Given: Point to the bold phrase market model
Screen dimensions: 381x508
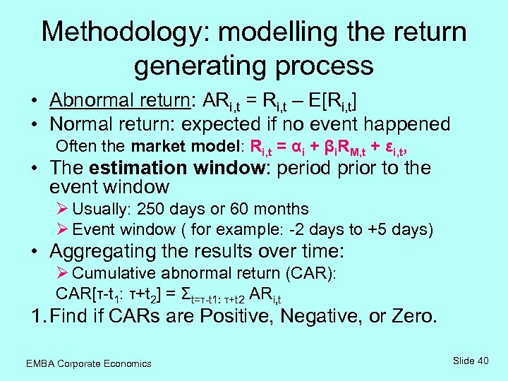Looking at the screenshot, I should click(x=186, y=147).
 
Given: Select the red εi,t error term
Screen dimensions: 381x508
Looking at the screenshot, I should click(x=394, y=147).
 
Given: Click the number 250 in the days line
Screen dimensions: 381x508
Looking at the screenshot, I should click(x=150, y=209).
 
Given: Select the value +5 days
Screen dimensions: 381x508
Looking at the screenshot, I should click(x=405, y=229).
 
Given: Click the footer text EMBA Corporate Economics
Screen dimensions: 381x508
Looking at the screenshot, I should click(x=88, y=363).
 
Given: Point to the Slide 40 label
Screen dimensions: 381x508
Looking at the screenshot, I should click(x=471, y=361).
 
